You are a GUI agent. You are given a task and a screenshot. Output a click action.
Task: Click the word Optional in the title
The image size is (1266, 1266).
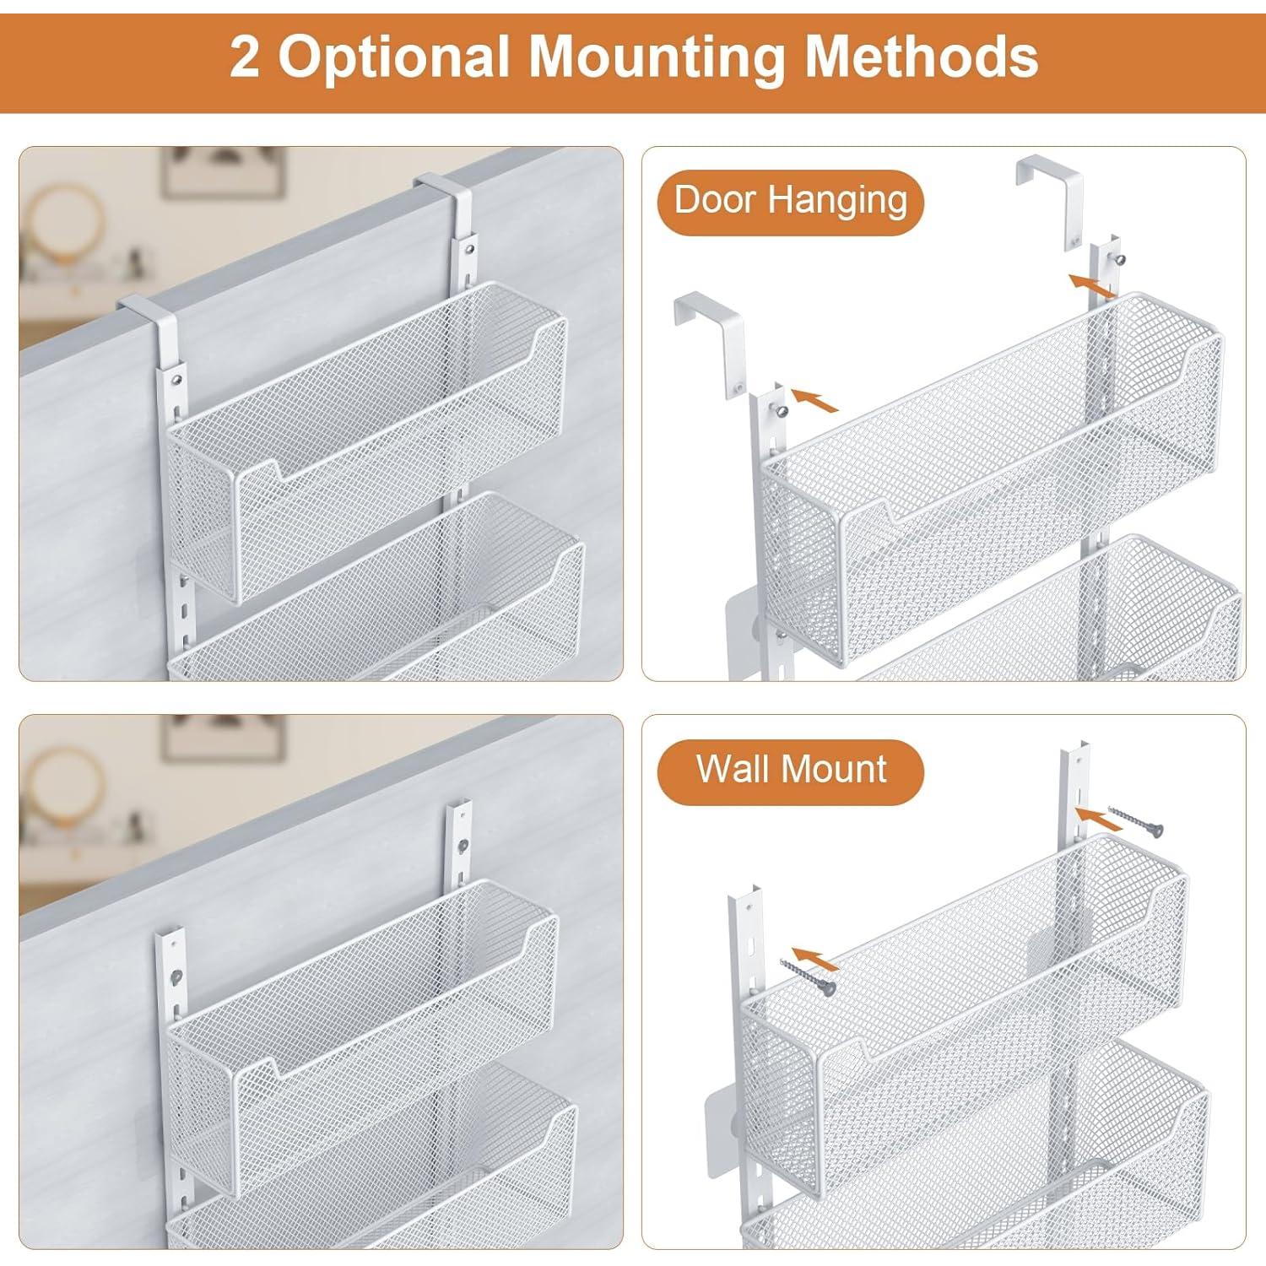click(x=392, y=57)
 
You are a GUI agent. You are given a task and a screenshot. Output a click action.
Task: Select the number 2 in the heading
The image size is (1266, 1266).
click(x=245, y=57)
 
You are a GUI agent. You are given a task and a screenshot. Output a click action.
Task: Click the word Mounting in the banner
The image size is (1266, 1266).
click(x=656, y=57)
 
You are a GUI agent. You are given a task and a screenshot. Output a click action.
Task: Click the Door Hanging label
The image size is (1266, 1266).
click(x=790, y=202)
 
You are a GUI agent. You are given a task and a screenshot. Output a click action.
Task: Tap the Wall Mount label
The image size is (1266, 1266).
click(x=790, y=770)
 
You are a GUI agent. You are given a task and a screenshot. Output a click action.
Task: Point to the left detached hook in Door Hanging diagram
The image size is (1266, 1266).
click(x=709, y=338)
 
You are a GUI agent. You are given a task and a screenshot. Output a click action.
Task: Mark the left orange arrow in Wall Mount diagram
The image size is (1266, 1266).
click(x=816, y=958)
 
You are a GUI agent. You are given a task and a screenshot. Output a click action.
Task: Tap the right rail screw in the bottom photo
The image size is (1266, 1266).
click(x=462, y=845)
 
